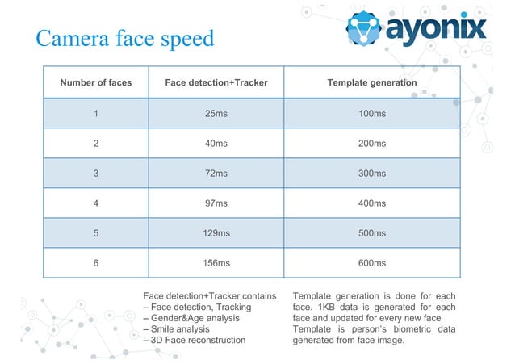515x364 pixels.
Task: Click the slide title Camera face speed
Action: (125, 38)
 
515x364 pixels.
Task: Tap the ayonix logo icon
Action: (365, 29)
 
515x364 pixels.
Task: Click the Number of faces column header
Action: (96, 82)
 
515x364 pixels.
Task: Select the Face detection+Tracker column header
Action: (216, 82)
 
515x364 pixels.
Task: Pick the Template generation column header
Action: (372, 82)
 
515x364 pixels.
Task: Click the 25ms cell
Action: (216, 113)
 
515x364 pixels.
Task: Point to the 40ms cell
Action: (216, 144)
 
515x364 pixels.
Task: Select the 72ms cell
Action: (216, 174)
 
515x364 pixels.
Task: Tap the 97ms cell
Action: (216, 203)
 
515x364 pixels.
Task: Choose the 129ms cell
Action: (216, 233)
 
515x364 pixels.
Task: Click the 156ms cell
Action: (216, 262)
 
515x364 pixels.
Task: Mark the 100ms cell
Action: (372, 113)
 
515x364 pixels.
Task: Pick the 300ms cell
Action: (372, 174)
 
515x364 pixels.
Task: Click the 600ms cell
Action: (372, 262)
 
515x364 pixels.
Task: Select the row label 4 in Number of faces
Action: (96, 203)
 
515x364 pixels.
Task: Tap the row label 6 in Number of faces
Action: (96, 262)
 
